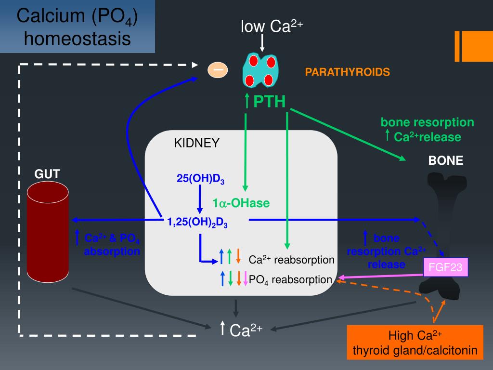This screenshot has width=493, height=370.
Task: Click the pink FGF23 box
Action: pos(445,267)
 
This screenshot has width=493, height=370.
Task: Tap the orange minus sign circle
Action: pos(218,70)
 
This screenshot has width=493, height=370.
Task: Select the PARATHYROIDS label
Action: pos(347,72)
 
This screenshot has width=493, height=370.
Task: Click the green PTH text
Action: pos(270,102)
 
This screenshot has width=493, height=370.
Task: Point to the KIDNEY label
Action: pos(196,143)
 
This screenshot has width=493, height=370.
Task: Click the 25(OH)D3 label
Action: pos(201,179)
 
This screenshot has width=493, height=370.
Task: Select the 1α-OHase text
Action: pos(241,204)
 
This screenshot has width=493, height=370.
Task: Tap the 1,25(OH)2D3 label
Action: pos(197,222)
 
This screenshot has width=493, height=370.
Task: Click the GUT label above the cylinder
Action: pos(47,174)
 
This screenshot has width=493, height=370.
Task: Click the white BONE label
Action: pos(446,161)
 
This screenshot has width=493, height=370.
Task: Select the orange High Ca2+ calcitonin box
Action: pos(415,343)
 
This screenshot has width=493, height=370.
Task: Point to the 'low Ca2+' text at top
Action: pos(272,27)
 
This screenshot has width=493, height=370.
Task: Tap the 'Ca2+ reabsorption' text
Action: pos(291,260)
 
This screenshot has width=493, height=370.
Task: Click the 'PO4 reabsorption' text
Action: pos(290,279)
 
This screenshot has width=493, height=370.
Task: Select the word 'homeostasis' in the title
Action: pos(77,39)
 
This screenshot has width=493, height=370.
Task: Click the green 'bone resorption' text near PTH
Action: pos(427,122)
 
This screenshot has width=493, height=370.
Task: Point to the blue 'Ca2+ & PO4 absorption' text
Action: pos(112,245)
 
